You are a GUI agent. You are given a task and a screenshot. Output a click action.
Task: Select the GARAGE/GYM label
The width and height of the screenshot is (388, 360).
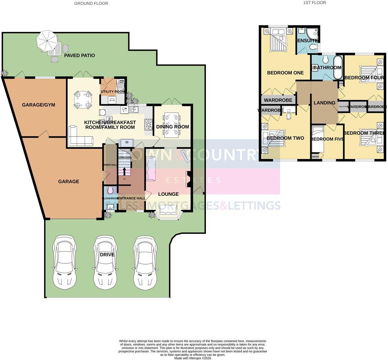tap(38, 105)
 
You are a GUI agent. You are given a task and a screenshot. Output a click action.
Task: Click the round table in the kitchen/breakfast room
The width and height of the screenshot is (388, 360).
tap(83, 100)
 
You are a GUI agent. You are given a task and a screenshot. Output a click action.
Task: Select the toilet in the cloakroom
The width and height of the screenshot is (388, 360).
tap(110, 190)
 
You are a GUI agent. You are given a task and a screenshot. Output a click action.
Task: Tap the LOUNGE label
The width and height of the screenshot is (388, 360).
tap(168, 194)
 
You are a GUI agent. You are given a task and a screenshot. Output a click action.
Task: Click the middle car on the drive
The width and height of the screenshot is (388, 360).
tap(105, 262)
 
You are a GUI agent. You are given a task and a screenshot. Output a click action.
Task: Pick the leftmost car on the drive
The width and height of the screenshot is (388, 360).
tap(64, 262)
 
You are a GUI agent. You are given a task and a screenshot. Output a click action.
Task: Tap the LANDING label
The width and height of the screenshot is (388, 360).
tap(324, 103)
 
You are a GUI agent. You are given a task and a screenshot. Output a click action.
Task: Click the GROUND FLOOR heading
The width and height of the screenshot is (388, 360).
tap(91, 3)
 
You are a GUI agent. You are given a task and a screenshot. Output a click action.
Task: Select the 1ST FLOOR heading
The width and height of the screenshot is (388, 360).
tap(314, 3)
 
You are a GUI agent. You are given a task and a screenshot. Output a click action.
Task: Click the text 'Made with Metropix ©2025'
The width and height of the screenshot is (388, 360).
tap(192, 358)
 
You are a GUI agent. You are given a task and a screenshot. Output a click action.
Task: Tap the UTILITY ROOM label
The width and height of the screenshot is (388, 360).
tap(113, 92)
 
